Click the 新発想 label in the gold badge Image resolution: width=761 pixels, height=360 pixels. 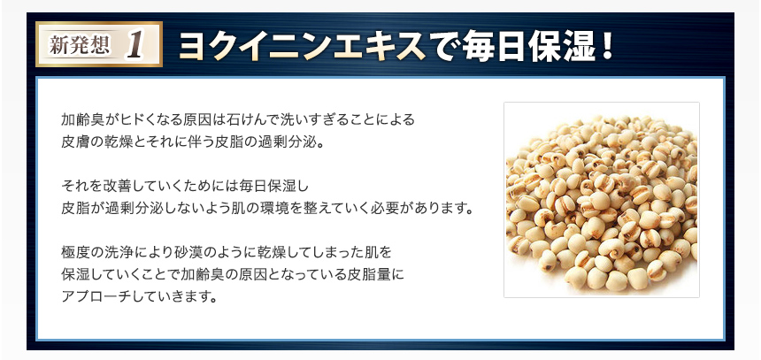click(x=80, y=45)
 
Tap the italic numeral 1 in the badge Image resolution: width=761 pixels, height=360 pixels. click(x=135, y=46)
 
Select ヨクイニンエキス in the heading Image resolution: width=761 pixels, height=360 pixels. click(x=300, y=46)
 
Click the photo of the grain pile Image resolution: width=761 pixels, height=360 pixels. click(x=602, y=199)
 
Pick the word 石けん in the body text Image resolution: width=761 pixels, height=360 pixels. click(x=246, y=119)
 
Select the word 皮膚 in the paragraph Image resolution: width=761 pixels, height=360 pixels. click(x=74, y=143)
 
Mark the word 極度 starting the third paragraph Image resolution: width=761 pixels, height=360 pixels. click(x=74, y=252)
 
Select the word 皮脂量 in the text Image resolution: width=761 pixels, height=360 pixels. click(x=368, y=274)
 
